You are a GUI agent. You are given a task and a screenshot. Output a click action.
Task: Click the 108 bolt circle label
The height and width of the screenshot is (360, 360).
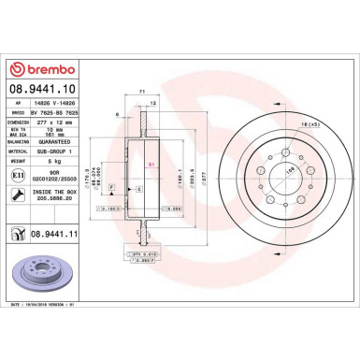point(301,168)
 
